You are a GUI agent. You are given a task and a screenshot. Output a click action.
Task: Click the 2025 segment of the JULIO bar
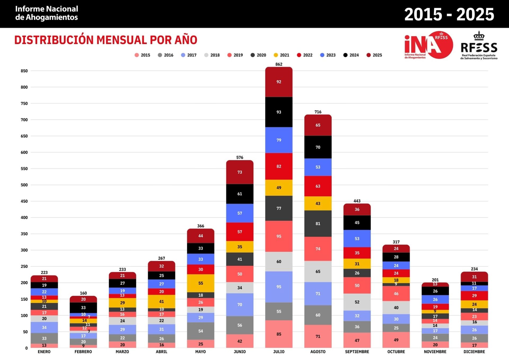(x=279, y=82)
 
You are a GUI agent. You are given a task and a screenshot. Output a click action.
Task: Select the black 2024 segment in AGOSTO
(x=318, y=147)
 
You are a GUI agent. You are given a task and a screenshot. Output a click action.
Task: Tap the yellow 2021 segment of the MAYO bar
(x=200, y=283)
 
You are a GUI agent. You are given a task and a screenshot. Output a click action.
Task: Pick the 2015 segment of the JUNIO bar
(x=239, y=341)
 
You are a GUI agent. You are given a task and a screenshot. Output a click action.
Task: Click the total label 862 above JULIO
(x=279, y=64)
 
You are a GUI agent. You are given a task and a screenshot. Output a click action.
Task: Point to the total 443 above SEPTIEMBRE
(x=357, y=201)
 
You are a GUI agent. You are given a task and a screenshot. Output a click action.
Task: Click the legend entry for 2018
(x=212, y=55)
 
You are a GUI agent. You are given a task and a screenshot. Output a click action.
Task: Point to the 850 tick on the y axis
(x=24, y=71)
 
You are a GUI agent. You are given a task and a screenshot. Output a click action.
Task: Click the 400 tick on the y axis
(x=24, y=218)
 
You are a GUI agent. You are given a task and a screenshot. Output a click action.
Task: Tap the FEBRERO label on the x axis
(x=83, y=352)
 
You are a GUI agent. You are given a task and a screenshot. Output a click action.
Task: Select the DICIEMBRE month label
(x=474, y=352)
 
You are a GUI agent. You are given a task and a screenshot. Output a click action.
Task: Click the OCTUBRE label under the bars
(x=396, y=352)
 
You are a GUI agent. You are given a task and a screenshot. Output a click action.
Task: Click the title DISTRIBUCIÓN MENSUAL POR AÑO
(x=106, y=40)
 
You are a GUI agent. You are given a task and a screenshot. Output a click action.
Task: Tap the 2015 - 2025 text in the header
(x=449, y=14)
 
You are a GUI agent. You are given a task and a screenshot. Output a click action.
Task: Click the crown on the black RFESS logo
(x=479, y=36)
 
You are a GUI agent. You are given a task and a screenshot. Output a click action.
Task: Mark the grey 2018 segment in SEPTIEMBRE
(x=357, y=302)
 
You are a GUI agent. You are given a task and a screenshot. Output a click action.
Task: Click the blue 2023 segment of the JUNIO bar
(x=239, y=213)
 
